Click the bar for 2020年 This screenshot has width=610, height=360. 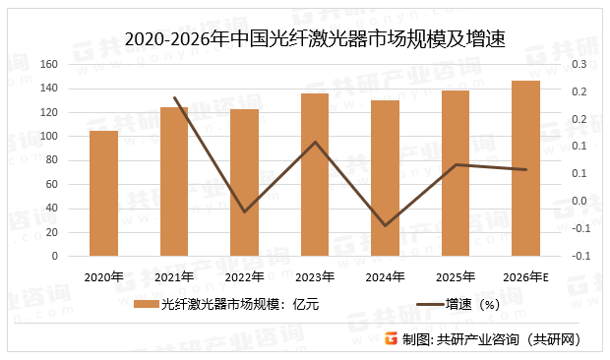coord(103,193)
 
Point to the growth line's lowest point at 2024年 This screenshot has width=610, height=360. coord(385,225)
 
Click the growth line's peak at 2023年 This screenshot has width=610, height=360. coord(315,142)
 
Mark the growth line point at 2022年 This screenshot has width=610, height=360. coord(244,211)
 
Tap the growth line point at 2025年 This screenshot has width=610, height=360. coord(456,164)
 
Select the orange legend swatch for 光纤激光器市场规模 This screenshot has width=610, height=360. coord(146,304)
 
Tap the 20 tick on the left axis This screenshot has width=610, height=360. coord(51,232)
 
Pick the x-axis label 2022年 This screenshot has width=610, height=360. coord(244,276)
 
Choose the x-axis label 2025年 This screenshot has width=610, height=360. coord(456,276)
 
